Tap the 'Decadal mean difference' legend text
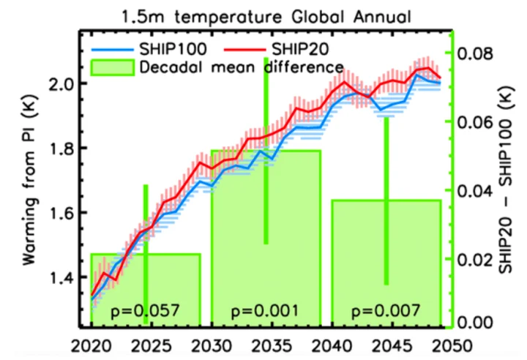point(242,67)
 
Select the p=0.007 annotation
point(386,310)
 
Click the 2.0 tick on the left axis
point(66,83)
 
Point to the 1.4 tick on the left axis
point(66,278)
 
